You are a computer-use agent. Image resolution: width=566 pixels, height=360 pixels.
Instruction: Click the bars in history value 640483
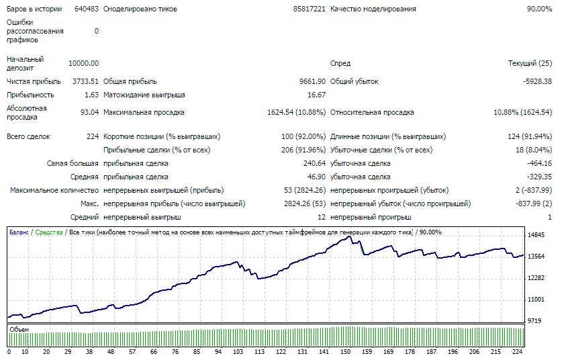tap(86, 9)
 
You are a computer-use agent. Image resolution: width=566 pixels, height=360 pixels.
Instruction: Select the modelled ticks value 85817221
tap(310, 9)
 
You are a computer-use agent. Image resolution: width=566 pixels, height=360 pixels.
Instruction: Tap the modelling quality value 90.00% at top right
tap(539, 9)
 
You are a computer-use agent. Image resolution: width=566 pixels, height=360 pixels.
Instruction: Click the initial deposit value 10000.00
tap(84, 63)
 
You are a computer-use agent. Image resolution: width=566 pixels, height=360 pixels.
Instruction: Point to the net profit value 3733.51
tap(85, 81)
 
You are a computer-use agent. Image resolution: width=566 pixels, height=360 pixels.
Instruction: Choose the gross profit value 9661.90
tap(312, 81)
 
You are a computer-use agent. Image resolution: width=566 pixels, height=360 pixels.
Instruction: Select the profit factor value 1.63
tap(92, 95)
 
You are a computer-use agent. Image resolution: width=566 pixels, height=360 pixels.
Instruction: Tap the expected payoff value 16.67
tap(316, 95)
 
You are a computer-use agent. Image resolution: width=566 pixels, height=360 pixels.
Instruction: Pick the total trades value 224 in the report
tap(93, 136)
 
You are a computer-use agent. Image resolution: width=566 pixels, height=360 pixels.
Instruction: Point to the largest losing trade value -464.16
tap(540, 163)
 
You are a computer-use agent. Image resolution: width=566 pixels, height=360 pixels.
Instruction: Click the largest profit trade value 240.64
tap(314, 163)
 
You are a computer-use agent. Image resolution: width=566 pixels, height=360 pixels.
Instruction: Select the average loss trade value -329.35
tap(540, 177)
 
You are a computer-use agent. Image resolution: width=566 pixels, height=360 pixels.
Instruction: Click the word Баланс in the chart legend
tap(19, 232)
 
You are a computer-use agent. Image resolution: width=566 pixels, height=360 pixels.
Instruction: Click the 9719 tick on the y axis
tap(536, 320)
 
